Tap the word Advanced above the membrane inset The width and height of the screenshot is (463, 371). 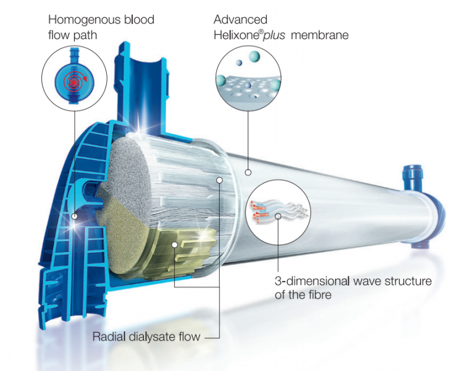[240, 20]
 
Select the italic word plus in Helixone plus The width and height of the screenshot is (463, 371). [274, 35]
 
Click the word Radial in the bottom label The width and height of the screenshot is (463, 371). [109, 336]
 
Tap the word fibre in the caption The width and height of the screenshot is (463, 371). [319, 295]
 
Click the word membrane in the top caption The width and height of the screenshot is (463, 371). [320, 35]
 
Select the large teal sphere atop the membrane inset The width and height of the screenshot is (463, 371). [254, 56]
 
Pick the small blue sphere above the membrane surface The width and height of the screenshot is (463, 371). [239, 62]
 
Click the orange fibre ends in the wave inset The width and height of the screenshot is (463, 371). [259, 210]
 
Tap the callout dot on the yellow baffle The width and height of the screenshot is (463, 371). [175, 245]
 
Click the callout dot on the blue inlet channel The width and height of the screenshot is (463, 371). [75, 216]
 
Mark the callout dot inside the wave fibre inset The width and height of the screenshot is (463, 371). [278, 216]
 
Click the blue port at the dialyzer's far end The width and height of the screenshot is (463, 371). [412, 178]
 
